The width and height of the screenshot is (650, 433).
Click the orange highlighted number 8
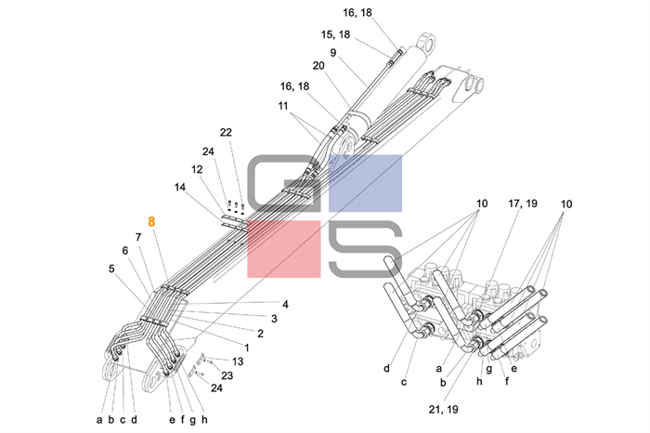[152, 222]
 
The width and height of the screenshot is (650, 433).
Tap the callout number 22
[227, 132]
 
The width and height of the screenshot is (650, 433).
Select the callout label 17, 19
[522, 203]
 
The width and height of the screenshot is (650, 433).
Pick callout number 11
[283, 106]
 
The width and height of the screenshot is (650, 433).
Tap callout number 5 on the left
[111, 269]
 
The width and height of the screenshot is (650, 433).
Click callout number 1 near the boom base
[246, 347]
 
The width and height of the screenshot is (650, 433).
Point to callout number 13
[238, 361]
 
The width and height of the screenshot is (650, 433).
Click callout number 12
[197, 169]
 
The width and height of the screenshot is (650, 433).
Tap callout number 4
[286, 304]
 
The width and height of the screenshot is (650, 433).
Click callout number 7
[137, 237]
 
